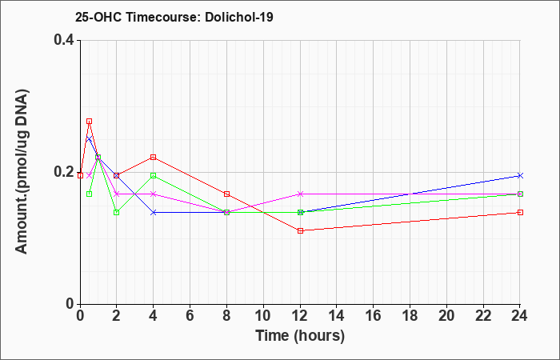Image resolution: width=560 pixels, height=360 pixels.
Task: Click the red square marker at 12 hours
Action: coord(300,230)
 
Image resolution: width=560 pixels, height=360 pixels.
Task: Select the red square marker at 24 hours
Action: coord(520,213)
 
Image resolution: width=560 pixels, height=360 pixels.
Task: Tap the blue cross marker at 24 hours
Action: coord(520,175)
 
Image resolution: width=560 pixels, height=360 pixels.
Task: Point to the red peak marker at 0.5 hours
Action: coord(90,122)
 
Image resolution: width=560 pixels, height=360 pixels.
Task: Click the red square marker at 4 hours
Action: coord(154,157)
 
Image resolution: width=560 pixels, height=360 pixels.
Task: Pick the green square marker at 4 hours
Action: coord(154,175)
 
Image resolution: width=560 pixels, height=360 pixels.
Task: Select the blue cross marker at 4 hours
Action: coord(154,213)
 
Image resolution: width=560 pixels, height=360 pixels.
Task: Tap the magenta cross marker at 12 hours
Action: coord(300,194)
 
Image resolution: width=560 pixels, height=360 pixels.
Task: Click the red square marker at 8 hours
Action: coord(226,194)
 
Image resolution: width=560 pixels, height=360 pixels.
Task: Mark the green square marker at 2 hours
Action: coord(117,213)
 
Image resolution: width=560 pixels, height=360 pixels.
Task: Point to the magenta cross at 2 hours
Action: coord(117,194)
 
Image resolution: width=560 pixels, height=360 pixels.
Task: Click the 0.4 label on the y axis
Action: coord(64,40)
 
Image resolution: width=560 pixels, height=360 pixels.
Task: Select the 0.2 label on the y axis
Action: coord(64,172)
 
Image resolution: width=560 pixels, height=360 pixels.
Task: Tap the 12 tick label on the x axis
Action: coord(300,316)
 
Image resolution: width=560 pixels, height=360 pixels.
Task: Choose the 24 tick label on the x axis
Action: coord(520,316)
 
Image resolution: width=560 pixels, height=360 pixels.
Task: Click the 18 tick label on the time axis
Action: coord(410,316)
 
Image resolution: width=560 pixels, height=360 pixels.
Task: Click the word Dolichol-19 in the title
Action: coord(239,17)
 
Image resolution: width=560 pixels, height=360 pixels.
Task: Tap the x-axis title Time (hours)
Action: coord(300,336)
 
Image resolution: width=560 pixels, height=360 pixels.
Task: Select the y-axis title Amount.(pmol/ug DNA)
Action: coord(22,171)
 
